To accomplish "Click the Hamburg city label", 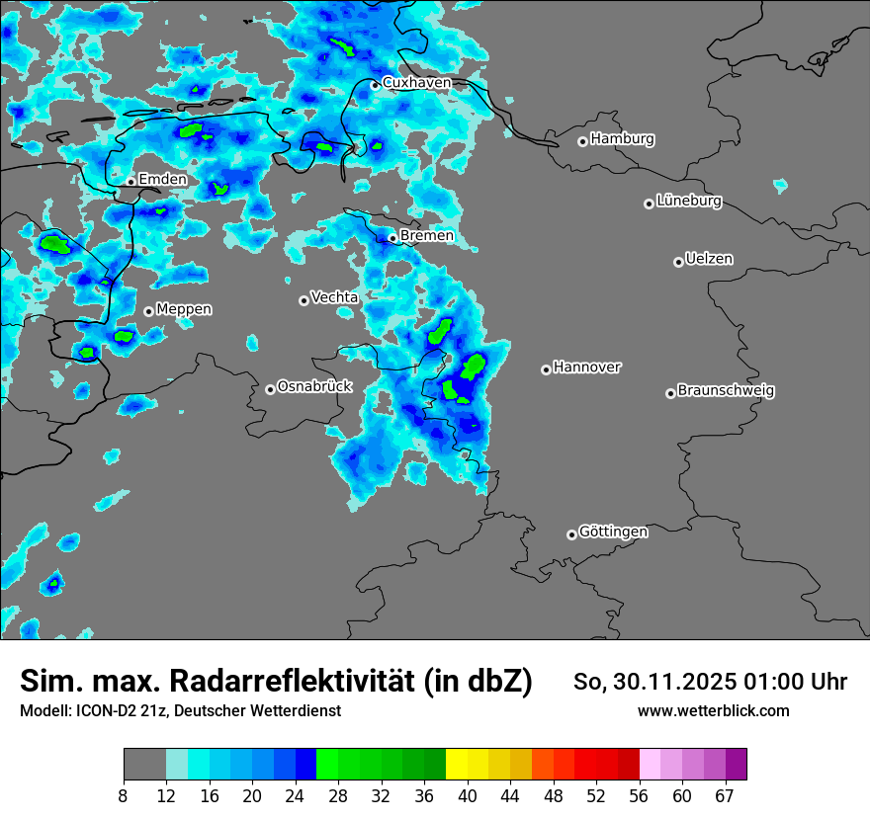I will (622, 139).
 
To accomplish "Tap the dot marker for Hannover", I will (546, 369).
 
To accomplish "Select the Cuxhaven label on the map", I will (416, 83).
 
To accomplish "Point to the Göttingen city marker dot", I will (571, 534).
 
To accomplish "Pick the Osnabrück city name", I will (314, 386).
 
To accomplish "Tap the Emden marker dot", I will (130, 182).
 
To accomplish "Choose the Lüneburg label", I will (688, 201).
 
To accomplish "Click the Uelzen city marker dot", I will (678, 262).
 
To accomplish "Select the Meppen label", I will (184, 309).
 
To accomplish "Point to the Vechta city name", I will (334, 296).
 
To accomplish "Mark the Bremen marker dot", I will (392, 238).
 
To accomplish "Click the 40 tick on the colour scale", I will (467, 796).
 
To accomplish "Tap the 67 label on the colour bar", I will (725, 796).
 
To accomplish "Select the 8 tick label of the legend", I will (124, 796).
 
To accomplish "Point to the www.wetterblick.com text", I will (713, 710).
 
